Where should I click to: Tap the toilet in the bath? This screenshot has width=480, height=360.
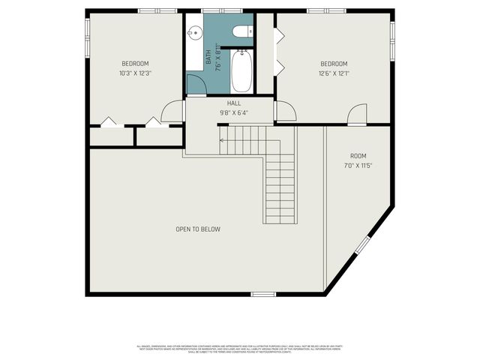pyautogui.click(x=241, y=31)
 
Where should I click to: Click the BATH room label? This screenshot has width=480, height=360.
pyautogui.click(x=209, y=57)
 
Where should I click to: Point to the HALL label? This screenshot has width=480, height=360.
pyautogui.click(x=233, y=103)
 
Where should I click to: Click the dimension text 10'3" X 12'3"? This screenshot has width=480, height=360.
pyautogui.click(x=135, y=73)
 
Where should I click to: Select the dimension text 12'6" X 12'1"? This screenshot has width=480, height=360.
pyautogui.click(x=334, y=73)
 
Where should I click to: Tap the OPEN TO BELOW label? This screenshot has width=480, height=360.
pyautogui.click(x=198, y=229)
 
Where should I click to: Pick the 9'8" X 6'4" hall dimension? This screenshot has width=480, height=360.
pyautogui.click(x=233, y=113)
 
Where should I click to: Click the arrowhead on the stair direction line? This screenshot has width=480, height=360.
pyautogui.click(x=221, y=139)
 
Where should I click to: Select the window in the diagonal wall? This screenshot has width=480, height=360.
pyautogui.click(x=362, y=245)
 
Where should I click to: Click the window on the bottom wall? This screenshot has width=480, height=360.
pyautogui.click(x=263, y=294)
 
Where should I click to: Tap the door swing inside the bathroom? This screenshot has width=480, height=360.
pyautogui.click(x=196, y=85)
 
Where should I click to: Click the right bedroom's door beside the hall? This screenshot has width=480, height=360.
pyautogui.click(x=286, y=111)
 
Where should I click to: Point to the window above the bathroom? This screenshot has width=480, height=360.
pyautogui.click(x=222, y=10)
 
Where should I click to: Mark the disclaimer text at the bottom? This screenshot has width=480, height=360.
pyautogui.click(x=240, y=348)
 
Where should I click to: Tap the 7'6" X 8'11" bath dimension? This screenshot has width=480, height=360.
pyautogui.click(x=218, y=57)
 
